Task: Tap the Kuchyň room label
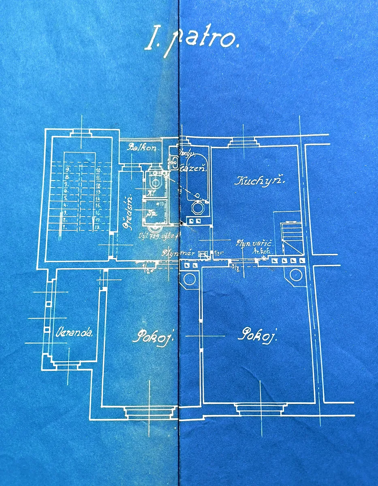click(x=260, y=181)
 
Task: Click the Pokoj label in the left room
click(x=152, y=336)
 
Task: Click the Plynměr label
click(x=179, y=254)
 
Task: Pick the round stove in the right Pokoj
click(x=297, y=275)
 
